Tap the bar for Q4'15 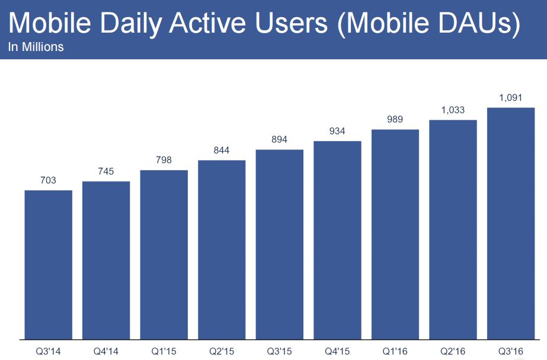(x=337, y=240)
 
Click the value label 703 (x=48, y=180)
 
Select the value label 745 (x=106, y=171)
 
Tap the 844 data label (x=222, y=150)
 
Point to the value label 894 (x=279, y=139)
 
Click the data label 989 (x=395, y=119)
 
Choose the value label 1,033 (x=453, y=110)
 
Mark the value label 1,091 (x=511, y=97)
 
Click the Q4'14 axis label (x=106, y=351)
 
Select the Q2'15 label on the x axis (x=222, y=351)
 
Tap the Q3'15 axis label (x=279, y=351)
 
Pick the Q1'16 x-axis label (x=395, y=351)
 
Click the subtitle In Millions (x=36, y=47)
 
